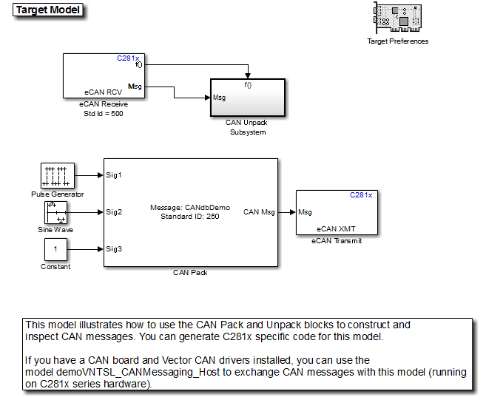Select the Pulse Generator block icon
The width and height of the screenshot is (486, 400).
coord(56,176)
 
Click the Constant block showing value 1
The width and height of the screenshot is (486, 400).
coord(56,249)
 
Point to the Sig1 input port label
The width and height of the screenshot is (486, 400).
coord(114,175)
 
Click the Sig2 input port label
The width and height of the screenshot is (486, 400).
coord(114,212)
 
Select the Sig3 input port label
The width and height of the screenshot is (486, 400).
coord(114,248)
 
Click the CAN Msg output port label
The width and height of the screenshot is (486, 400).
coord(259,212)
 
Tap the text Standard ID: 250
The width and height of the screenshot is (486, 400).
coord(190,216)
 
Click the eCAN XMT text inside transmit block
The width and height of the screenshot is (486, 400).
coord(337,229)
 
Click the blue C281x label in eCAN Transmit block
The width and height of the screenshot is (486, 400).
coord(360,195)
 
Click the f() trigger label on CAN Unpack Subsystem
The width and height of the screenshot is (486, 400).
coord(248,85)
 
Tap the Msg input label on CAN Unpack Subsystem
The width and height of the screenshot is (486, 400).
coord(220,97)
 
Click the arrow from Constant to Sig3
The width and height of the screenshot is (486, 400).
coord(87,249)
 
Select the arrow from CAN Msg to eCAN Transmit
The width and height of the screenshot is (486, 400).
coord(286,212)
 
